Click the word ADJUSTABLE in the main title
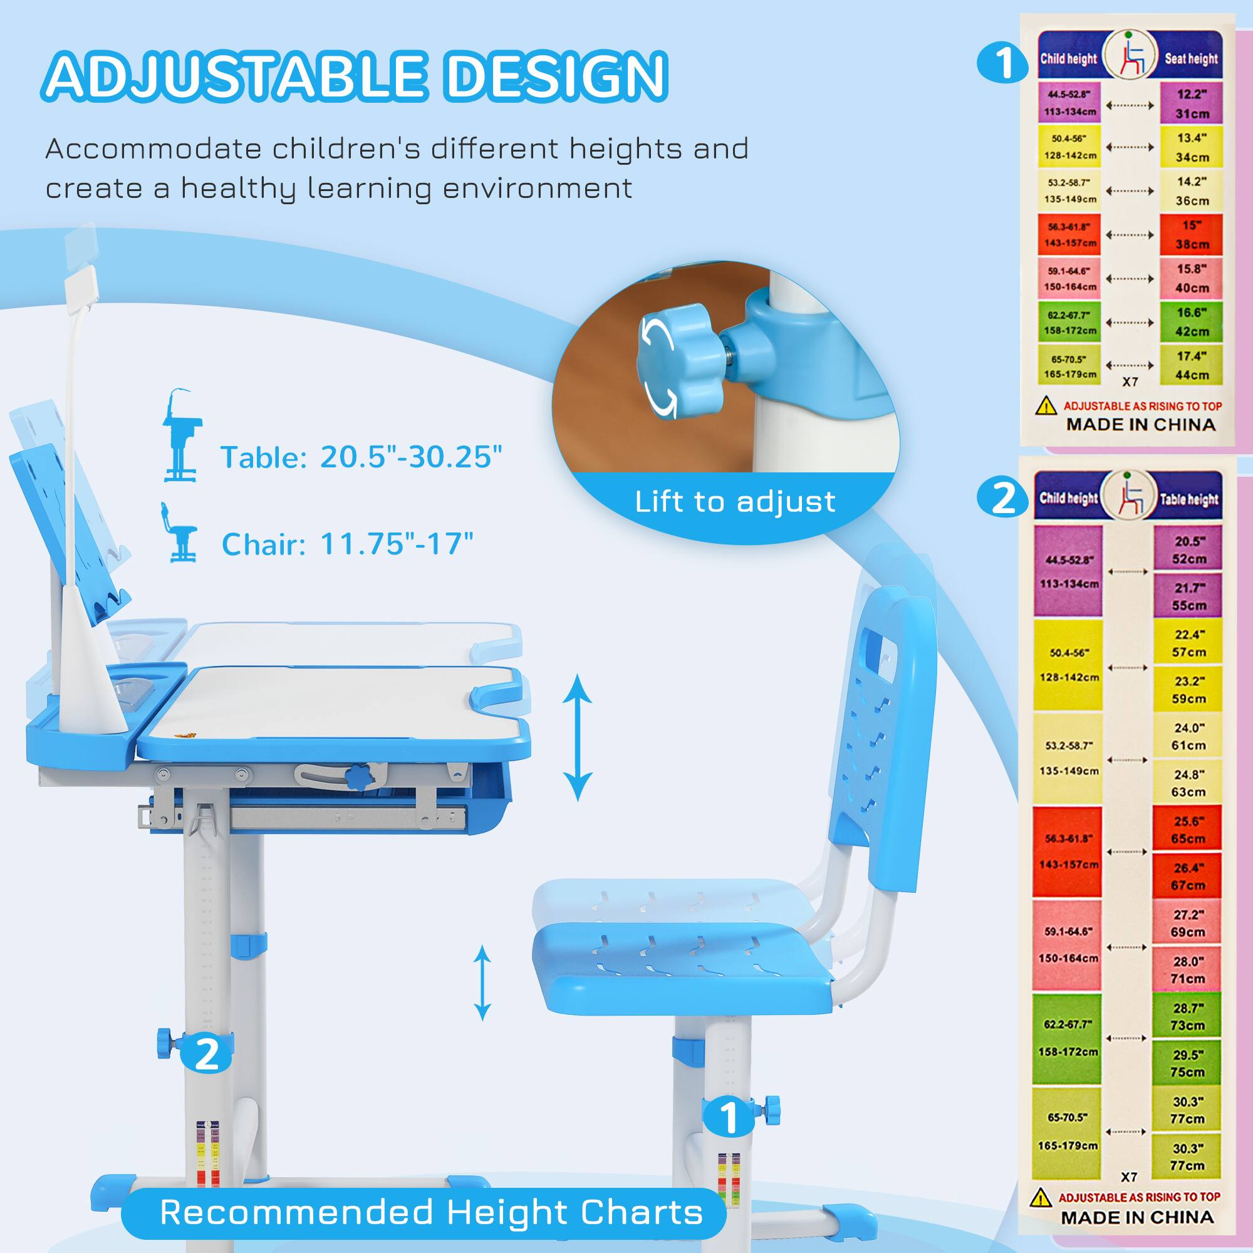[x=237, y=76]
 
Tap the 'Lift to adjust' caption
[x=735, y=502]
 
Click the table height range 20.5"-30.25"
[x=410, y=457]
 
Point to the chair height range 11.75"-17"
[x=397, y=544]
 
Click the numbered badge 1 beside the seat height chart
[x=1003, y=63]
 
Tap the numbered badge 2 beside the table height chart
[x=1003, y=499]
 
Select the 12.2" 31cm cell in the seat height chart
[x=1192, y=104]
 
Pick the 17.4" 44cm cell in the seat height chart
[x=1192, y=365]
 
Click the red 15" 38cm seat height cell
[x=1192, y=235]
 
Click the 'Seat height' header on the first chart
[x=1192, y=59]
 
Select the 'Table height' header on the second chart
[x=1190, y=499]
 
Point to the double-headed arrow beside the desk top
[x=576, y=737]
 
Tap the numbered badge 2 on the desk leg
[x=206, y=1053]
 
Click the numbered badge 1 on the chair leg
[x=730, y=1117]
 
